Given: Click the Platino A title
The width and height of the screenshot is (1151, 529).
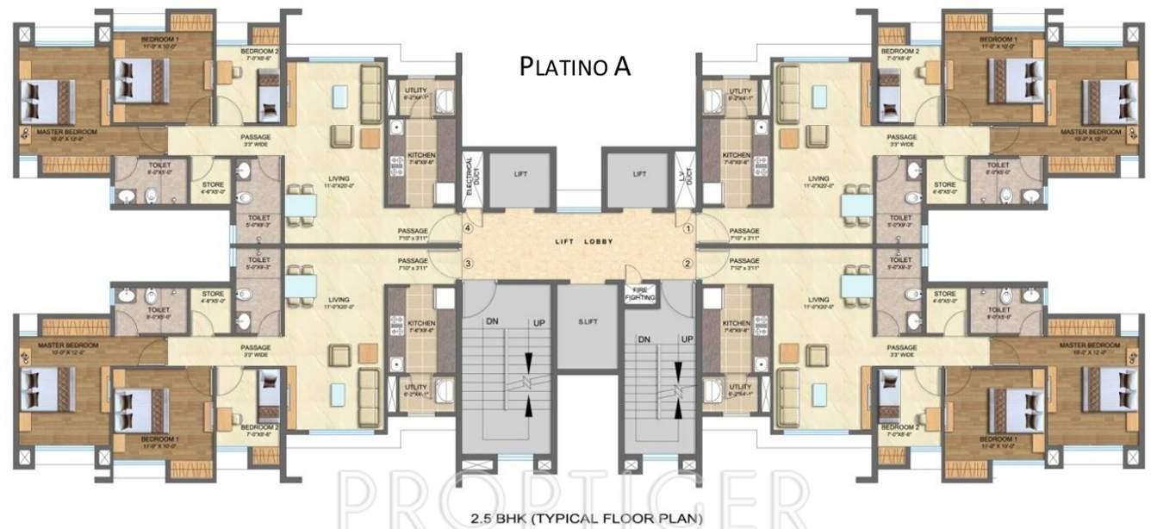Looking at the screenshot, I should tap(575, 67).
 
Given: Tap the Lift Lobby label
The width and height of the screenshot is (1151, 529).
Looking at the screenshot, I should tap(584, 241).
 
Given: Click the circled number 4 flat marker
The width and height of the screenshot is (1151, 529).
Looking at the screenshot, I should tap(468, 229).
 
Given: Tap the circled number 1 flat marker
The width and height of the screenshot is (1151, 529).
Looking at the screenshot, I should tap(688, 229).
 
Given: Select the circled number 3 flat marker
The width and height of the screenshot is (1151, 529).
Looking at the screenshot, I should tap(468, 263).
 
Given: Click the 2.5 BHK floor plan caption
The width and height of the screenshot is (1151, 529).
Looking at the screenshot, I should tap(586, 519).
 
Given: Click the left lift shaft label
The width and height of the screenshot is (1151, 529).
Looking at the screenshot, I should tap(520, 174).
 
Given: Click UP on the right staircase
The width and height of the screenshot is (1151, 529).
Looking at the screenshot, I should tap(687, 339).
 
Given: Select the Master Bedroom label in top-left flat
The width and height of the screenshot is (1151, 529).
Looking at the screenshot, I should tap(66, 132).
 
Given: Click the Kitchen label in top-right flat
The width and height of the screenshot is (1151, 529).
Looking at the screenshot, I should tap(737, 156).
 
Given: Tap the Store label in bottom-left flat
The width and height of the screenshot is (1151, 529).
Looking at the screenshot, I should tap(213, 295).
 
